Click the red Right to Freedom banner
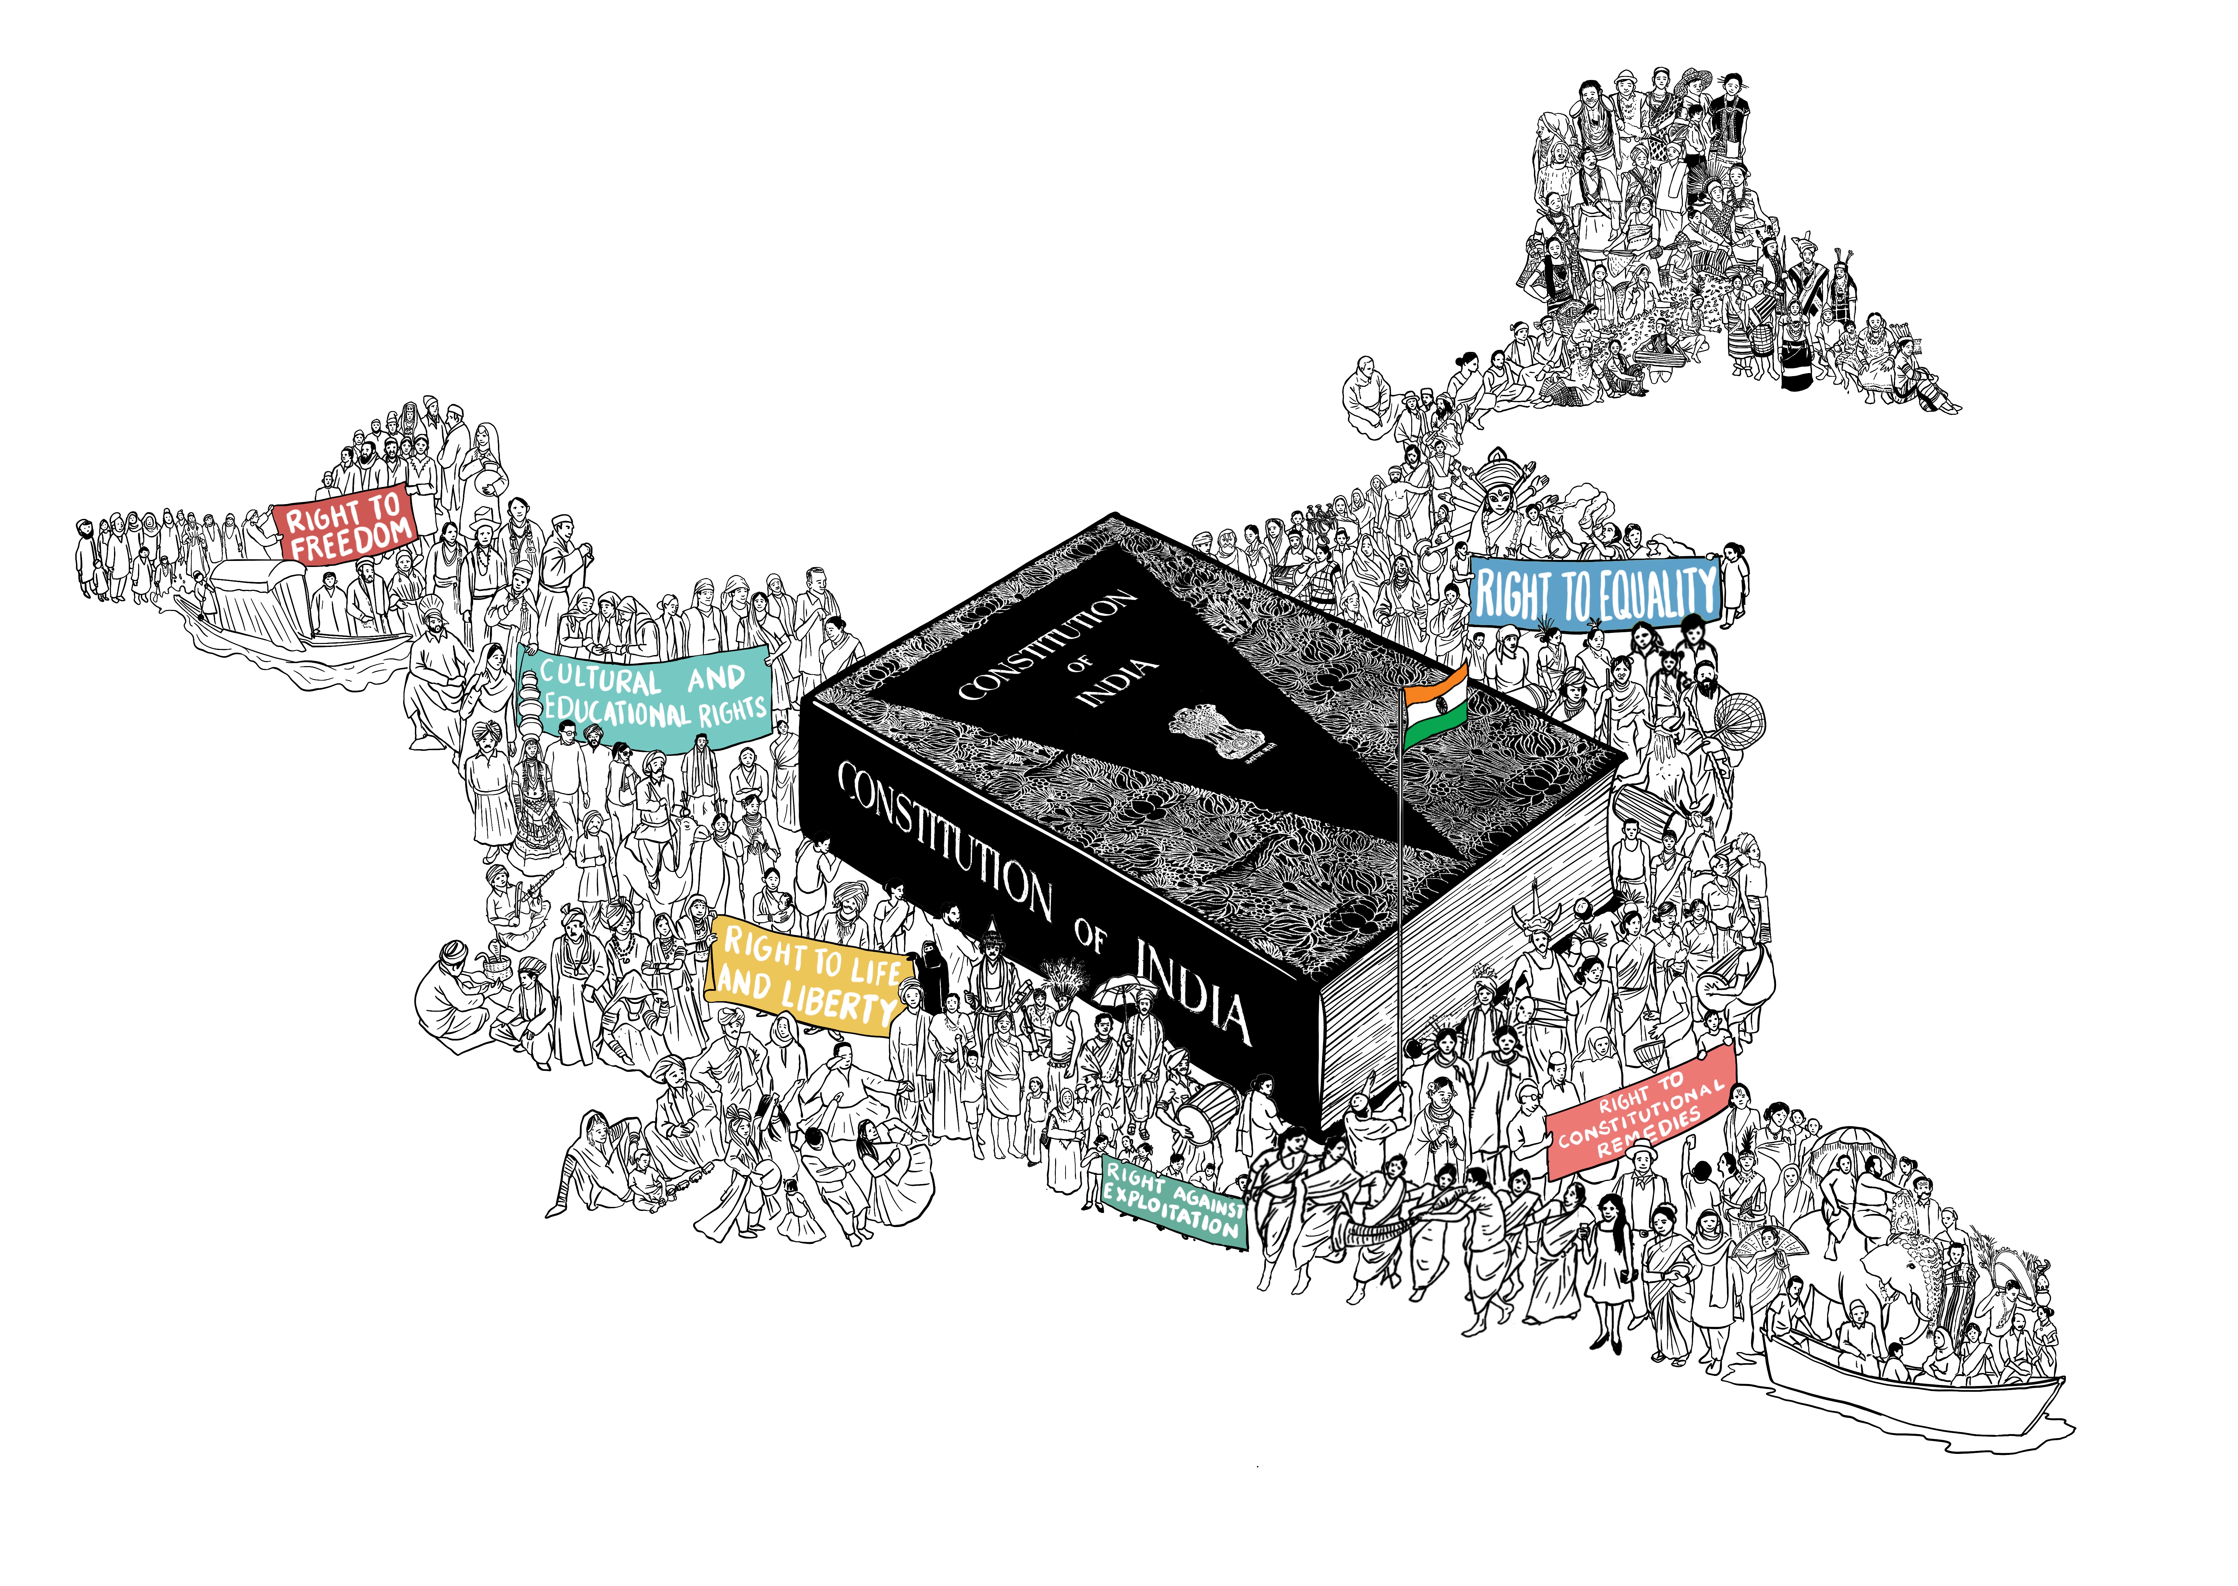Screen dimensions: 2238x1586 pos(347,524)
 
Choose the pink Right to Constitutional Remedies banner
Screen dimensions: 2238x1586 pos(1641,1113)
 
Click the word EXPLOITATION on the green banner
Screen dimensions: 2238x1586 pos(1170,1213)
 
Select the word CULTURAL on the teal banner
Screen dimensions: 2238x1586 pos(600,677)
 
